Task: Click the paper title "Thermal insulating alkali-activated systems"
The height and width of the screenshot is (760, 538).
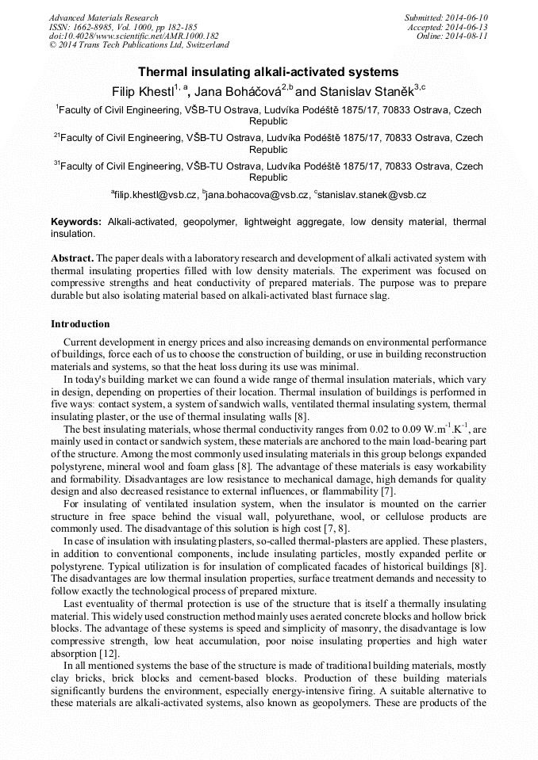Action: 268,72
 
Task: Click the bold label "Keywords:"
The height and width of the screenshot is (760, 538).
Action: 76,222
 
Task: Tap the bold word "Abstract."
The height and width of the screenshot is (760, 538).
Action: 72,259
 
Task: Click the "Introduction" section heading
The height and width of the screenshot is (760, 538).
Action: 80,324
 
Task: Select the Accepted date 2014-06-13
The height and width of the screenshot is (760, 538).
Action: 468,27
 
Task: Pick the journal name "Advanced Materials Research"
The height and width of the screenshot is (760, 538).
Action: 103,17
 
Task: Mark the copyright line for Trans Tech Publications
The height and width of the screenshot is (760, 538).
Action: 139,45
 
